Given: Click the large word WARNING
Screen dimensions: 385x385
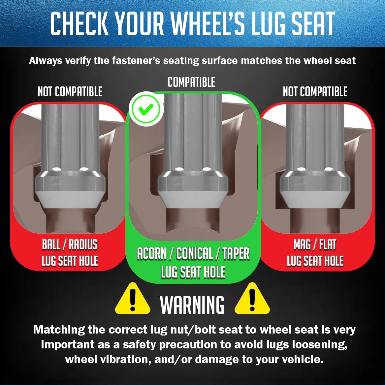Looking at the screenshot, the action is point(192,305).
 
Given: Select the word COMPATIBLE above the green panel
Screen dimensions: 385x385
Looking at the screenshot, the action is point(191,82).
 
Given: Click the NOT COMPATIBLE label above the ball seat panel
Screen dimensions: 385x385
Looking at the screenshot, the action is point(70,92).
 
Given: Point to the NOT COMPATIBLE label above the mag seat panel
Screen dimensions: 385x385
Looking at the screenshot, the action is point(315,92).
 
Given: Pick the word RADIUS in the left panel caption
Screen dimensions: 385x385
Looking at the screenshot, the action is point(83,244).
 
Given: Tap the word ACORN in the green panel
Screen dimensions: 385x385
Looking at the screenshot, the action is point(151,253).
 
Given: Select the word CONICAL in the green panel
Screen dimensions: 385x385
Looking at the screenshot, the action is point(194,253).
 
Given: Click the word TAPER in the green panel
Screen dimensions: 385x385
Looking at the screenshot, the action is point(236,253).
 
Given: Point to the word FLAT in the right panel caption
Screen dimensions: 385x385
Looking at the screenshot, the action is point(328,244).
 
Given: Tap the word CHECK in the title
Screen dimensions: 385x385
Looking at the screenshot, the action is point(79,23).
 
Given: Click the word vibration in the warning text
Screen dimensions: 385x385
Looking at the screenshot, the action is point(126,360).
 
